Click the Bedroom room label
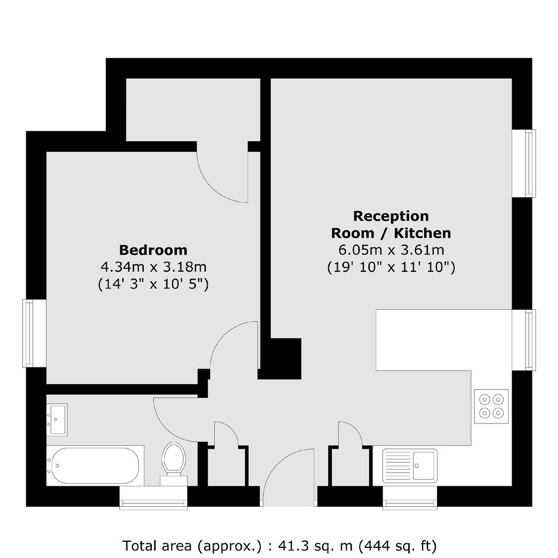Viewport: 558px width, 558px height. click(153, 250)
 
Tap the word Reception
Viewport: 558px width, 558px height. click(391, 216)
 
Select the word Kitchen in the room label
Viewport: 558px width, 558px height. click(423, 233)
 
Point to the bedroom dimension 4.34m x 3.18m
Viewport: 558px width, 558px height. click(153, 267)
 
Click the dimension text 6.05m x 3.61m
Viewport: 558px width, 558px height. click(391, 250)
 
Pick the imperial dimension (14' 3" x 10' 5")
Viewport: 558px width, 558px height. click(153, 284)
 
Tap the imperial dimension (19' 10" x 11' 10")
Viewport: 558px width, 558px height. click(391, 267)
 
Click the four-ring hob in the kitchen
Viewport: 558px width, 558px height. click(491, 406)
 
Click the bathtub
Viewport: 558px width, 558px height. click(96, 465)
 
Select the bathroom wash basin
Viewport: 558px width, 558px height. click(57, 419)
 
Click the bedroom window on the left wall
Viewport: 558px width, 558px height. click(34, 333)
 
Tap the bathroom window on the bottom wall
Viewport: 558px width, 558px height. click(153, 498)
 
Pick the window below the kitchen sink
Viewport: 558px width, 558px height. click(410, 498)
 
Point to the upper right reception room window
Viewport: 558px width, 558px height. click(524, 163)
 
